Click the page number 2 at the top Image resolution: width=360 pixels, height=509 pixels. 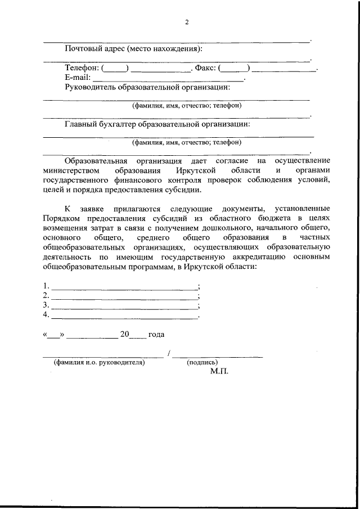pyautogui.click(x=187, y=22)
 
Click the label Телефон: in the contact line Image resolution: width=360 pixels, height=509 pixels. pyautogui.click(x=82, y=69)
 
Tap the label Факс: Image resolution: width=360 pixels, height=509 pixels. pyautogui.click(x=205, y=69)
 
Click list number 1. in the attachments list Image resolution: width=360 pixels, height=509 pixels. pyautogui.click(x=46, y=286)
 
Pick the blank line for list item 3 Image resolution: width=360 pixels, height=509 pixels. pyautogui.click(x=124, y=307)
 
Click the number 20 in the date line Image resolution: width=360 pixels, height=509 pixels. pyautogui.click(x=125, y=335)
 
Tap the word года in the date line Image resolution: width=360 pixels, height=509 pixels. pyautogui.click(x=156, y=335)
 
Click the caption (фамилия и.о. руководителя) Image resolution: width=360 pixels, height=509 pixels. pyautogui.click(x=100, y=363)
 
